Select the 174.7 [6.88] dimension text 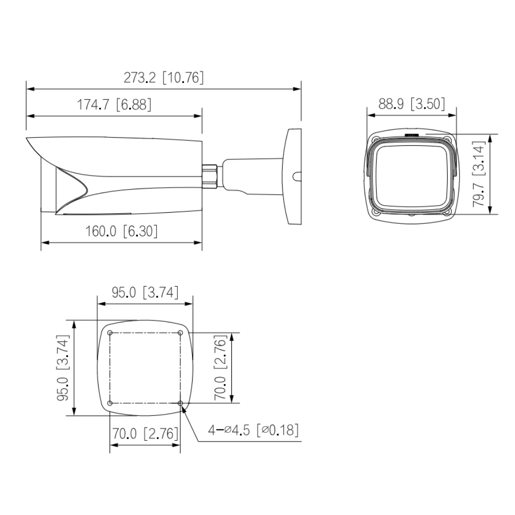114,105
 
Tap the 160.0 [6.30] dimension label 121,231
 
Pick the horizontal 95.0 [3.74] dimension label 145,293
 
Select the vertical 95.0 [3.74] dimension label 62,368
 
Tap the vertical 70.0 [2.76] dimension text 220,368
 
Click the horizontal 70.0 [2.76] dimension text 145,434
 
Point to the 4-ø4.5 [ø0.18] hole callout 254,431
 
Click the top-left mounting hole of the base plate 110,332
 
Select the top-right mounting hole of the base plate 181,332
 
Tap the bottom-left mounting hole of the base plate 110,403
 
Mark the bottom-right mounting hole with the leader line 181,403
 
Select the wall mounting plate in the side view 293,176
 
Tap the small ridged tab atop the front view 412,134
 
